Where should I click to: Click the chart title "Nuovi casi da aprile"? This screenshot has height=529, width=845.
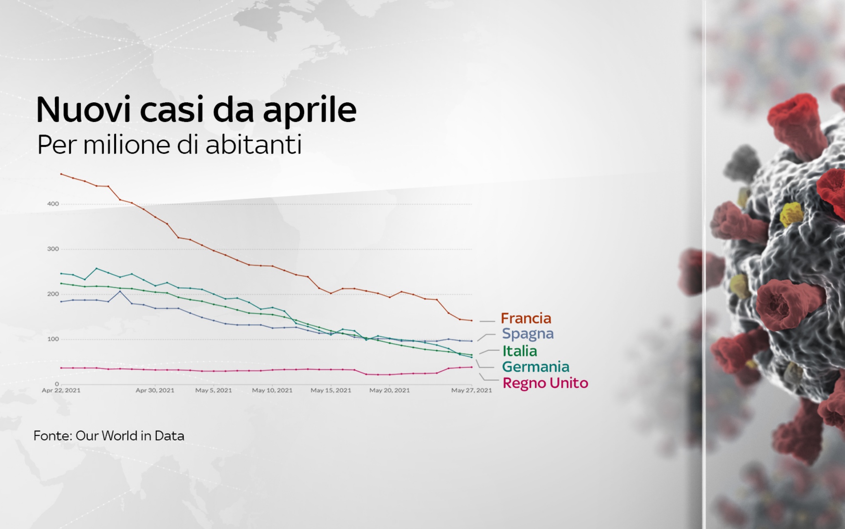coord(196,110)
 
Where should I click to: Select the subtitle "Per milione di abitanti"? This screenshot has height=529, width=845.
coord(169,145)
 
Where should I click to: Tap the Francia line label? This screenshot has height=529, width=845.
coord(526,318)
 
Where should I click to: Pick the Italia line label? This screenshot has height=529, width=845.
coord(520,351)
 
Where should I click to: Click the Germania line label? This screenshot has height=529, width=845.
coord(535,367)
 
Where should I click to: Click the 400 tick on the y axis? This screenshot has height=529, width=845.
coord(53,204)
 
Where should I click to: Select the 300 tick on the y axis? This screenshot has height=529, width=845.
coord(53,249)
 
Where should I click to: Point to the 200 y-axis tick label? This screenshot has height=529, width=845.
coord(53,294)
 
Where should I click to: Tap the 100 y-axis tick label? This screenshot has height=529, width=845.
coord(53,339)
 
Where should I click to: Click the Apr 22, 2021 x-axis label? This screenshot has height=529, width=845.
coord(61,390)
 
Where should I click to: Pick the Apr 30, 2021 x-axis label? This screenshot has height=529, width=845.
coord(155,390)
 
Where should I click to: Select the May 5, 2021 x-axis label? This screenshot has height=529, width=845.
coord(214,390)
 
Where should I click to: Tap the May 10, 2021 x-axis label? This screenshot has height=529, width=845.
coord(272,390)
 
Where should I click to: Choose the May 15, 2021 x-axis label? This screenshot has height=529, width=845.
coord(331,390)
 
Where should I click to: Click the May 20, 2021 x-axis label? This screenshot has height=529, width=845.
coord(390,390)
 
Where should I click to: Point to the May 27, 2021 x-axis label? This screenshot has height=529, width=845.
coord(472,390)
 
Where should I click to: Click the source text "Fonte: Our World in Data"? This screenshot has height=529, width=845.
coord(109,436)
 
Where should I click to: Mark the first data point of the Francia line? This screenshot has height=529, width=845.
coord(61,174)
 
